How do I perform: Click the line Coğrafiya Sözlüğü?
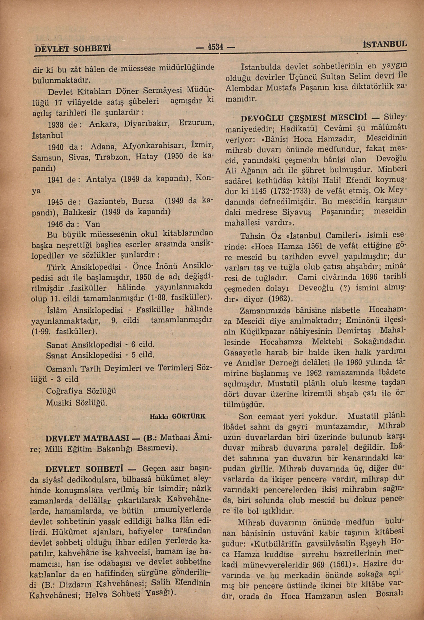coord(81,391)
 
